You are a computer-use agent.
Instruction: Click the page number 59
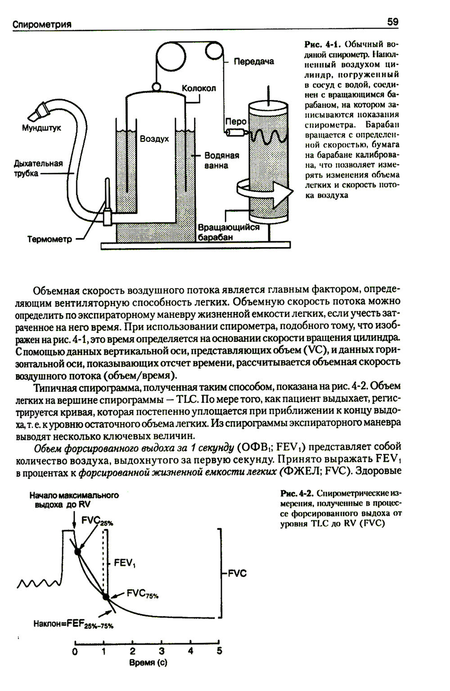[392, 22]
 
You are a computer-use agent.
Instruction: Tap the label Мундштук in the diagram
[41, 128]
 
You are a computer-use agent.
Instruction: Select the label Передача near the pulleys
[253, 61]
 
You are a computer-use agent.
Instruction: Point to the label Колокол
[198, 88]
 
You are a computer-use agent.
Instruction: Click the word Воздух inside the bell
[154, 139]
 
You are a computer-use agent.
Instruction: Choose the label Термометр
[49, 239]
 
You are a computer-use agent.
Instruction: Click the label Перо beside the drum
[236, 122]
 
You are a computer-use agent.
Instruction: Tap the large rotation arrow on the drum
[265, 191]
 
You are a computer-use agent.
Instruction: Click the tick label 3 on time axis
[162, 651]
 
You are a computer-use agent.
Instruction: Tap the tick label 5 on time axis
[220, 651]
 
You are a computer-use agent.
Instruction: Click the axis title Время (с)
[148, 663]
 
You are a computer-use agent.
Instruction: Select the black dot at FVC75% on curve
[106, 597]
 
